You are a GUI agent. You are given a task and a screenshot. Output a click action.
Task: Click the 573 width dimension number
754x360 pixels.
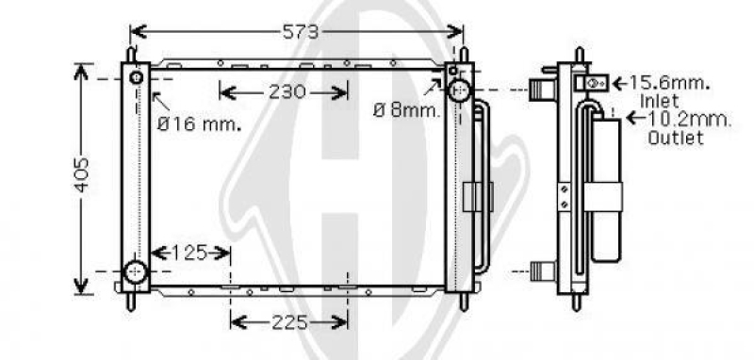(301, 32)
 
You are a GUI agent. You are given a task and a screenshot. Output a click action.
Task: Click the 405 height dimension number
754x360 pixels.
(82, 174)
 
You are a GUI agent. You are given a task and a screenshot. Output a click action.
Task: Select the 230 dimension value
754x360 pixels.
(287, 91)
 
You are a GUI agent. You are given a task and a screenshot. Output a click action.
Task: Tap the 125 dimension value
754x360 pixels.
(190, 253)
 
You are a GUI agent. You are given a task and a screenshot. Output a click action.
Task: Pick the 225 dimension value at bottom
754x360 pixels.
(289, 322)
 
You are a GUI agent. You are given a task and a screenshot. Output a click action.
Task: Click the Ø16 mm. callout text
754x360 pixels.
(199, 124)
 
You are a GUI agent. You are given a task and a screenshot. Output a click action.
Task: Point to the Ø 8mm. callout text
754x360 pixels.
(407, 111)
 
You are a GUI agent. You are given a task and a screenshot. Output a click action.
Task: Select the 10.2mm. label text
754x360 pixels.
(689, 119)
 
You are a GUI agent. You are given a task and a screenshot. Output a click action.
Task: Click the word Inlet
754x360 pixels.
(659, 102)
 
